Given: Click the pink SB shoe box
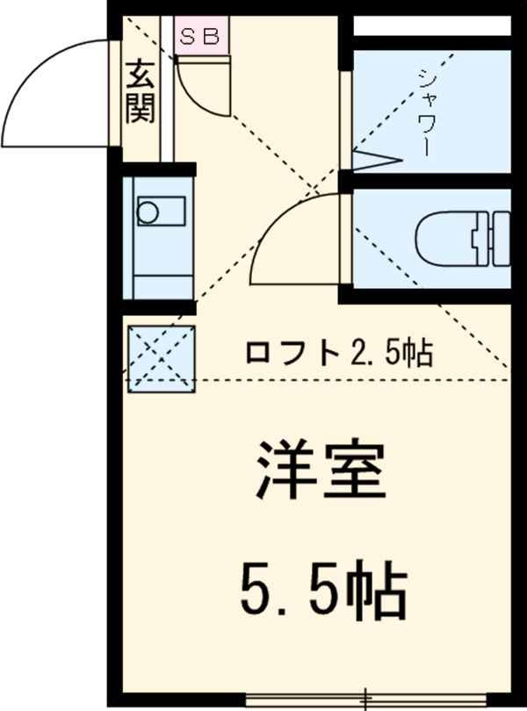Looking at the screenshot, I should click(x=202, y=37).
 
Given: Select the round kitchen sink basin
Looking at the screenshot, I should click(x=148, y=212).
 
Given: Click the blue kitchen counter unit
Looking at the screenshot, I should click(x=158, y=237).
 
